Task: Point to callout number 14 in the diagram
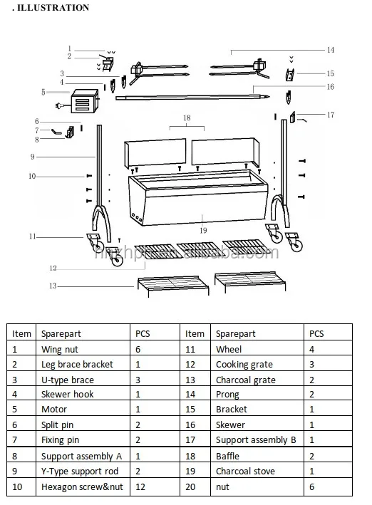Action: pyautogui.click(x=330, y=50)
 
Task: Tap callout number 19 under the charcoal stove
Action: pyautogui.click(x=203, y=230)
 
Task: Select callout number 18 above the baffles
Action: pyautogui.click(x=186, y=117)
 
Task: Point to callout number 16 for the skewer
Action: pyautogui.click(x=330, y=87)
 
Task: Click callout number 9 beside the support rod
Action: pyautogui.click(x=32, y=156)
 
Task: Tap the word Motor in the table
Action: pyautogui.click(x=54, y=410)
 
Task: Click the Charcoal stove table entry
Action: pyautogui.click(x=245, y=471)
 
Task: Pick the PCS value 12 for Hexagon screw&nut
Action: pyautogui.click(x=140, y=486)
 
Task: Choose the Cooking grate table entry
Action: pyautogui.click(x=244, y=364)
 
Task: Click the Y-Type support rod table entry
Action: pyautogui.click(x=79, y=471)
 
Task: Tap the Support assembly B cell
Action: pyautogui.click(x=255, y=440)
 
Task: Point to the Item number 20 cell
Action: pyautogui.click(x=190, y=486)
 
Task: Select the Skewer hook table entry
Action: pyautogui.click(x=67, y=395)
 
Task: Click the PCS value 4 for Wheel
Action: pyautogui.click(x=311, y=349)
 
